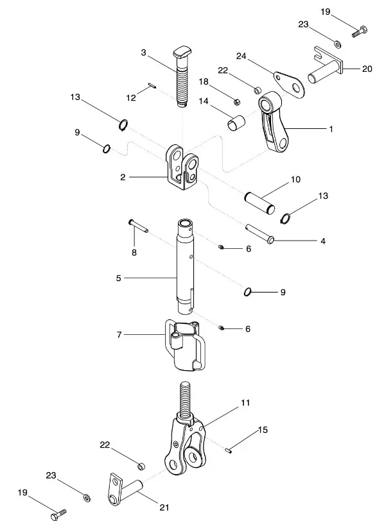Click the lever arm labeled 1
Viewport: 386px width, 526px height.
pyautogui.click(x=275, y=125)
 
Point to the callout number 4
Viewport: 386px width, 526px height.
pyautogui.click(x=323, y=241)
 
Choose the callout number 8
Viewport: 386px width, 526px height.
pyautogui.click(x=134, y=253)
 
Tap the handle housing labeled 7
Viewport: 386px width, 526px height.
pyautogui.click(x=186, y=346)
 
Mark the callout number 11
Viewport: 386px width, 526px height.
pyautogui.click(x=245, y=403)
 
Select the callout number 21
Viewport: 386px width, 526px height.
pyautogui.click(x=164, y=507)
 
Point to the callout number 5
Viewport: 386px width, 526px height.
pyautogui.click(x=119, y=278)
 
